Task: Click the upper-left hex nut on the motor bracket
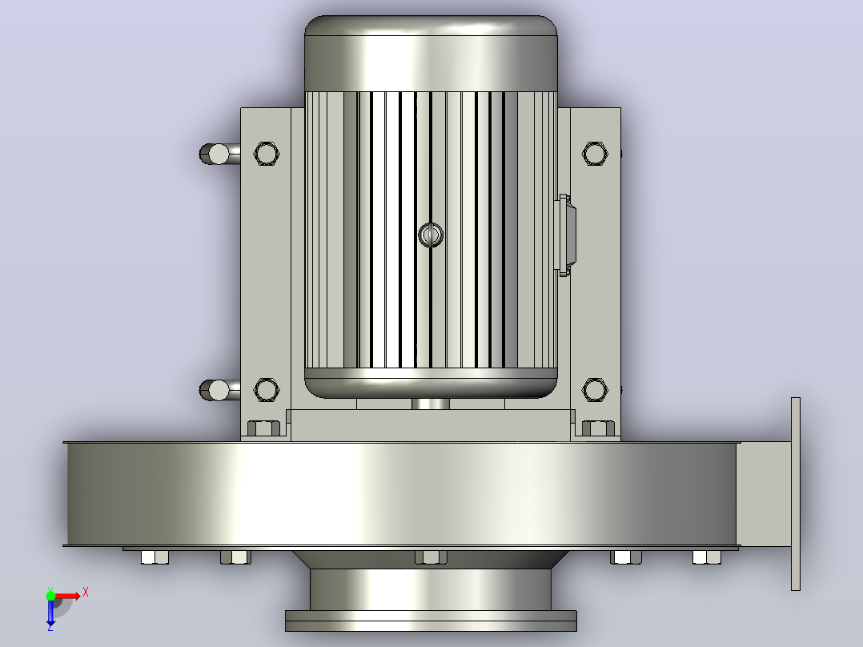pyautogui.click(x=267, y=154)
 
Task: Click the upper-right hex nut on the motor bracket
pyautogui.click(x=595, y=154)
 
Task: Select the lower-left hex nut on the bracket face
pyautogui.click(x=267, y=390)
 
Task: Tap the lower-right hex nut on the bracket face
pyautogui.click(x=595, y=390)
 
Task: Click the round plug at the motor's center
pyautogui.click(x=431, y=235)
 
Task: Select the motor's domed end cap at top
pyautogui.click(x=431, y=54)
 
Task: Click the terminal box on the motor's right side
pyautogui.click(x=566, y=235)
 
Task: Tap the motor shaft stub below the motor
pyautogui.click(x=431, y=404)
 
